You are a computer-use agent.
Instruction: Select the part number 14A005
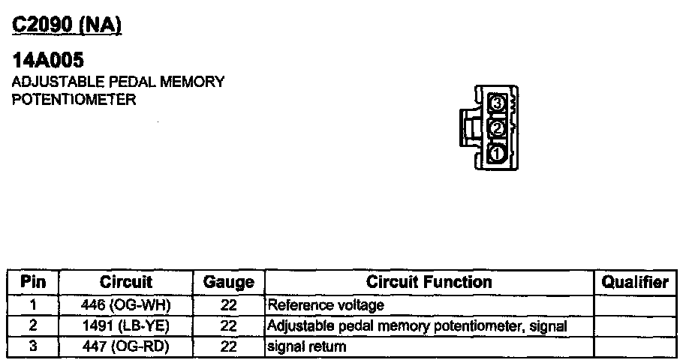pos(47,59)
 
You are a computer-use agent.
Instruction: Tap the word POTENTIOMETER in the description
pos(74,100)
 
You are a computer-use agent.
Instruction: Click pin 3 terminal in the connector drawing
pos(497,103)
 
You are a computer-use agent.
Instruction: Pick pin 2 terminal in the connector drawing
pos(497,128)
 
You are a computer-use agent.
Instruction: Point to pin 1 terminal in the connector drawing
pos(497,154)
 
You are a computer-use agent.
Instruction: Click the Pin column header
pos(33,282)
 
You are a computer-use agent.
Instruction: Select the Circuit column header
pos(125,282)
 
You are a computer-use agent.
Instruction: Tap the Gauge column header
pos(229,283)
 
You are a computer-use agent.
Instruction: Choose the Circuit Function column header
pos(429,282)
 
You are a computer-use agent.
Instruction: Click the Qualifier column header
pos(635,282)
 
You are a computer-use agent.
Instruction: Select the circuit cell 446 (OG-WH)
pos(126,305)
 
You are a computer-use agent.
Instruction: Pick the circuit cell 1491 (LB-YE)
pos(126,326)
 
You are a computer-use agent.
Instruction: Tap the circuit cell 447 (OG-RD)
pos(126,346)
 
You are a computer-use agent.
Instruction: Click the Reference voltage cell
pos(326,305)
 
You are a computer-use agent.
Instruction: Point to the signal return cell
pos(307,346)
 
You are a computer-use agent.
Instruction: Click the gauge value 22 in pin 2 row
pos(229,326)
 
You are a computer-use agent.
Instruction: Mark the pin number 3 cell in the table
pos(33,346)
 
